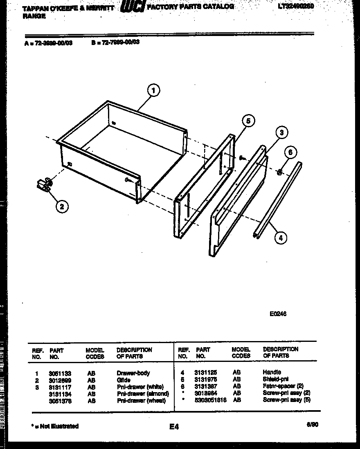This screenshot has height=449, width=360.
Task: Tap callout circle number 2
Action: point(62,207)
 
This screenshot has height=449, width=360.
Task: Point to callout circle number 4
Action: point(280,237)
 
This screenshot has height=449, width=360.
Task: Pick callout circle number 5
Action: point(248,121)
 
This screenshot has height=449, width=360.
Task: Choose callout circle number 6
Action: point(290,153)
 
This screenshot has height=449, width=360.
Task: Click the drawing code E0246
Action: point(278,314)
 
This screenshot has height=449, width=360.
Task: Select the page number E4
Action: point(174,427)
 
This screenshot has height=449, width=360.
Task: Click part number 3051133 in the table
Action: point(60,373)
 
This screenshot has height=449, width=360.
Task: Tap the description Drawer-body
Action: point(133,373)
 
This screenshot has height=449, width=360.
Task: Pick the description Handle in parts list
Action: point(272,373)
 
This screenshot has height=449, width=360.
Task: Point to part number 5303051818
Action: point(211,400)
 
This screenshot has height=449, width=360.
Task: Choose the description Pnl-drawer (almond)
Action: point(142,393)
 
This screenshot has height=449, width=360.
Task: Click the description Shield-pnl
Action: point(275,379)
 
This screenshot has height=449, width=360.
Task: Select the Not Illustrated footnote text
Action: point(55,426)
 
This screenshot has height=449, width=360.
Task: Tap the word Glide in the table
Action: point(124,380)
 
